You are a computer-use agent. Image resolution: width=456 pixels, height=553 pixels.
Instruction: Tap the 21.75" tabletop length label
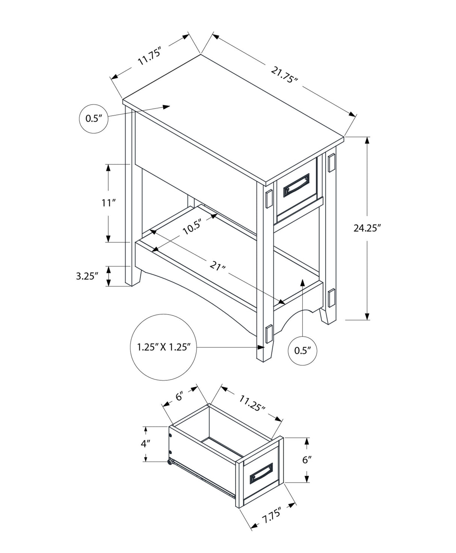(284, 75)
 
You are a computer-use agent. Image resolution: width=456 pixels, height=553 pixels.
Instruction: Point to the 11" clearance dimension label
(108, 203)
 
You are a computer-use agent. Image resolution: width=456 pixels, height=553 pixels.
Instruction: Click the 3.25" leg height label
(87, 276)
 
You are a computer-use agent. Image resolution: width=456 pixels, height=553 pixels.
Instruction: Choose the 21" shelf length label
(218, 267)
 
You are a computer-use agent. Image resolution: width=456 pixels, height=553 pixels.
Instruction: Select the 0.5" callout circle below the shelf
(303, 351)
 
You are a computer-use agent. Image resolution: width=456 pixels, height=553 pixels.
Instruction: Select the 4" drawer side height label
(145, 443)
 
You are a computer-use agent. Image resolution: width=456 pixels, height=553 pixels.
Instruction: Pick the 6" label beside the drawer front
(307, 460)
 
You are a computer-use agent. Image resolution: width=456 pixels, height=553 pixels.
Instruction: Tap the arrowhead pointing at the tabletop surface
(166, 107)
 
